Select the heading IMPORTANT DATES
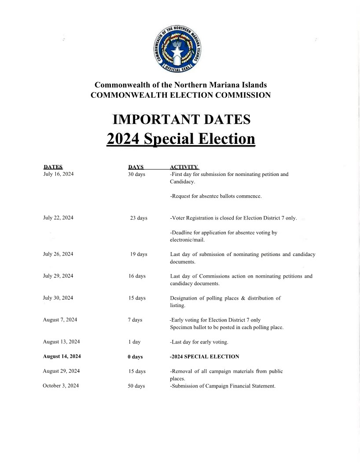pos(181,120)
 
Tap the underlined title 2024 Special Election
pos(181,139)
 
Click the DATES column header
pos(53,167)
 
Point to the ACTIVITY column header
pos(184,167)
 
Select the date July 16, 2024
pos(59,174)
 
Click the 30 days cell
pos(136,174)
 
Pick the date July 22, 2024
pos(58,218)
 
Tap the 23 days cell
pos(139,218)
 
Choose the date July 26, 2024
pos(58,254)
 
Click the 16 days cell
pos(137,276)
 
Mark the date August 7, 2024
pos(60,320)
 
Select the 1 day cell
pos(134,342)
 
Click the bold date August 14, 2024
pos(62,356)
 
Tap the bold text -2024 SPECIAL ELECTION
pos(204,356)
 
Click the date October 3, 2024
pos(61,386)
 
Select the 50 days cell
pos(136,386)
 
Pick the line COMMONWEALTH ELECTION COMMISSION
pos(180,95)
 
